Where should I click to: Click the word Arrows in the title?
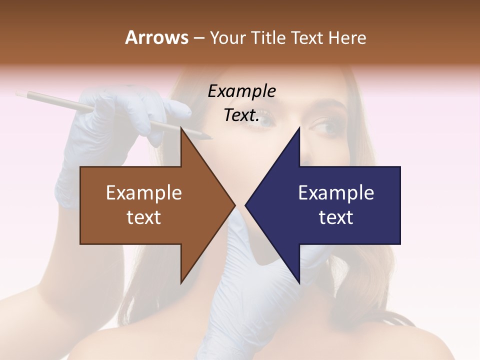click(x=156, y=37)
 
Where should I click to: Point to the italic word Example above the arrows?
click(x=241, y=91)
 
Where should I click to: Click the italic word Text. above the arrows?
click(x=241, y=115)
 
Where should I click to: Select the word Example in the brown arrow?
click(x=143, y=193)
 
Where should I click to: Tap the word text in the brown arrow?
click(x=143, y=217)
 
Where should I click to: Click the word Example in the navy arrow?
click(x=336, y=193)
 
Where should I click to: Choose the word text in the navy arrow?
click(x=336, y=217)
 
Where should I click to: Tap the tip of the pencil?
click(x=211, y=137)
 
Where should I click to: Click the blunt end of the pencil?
click(x=18, y=93)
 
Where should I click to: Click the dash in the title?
click(x=198, y=38)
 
